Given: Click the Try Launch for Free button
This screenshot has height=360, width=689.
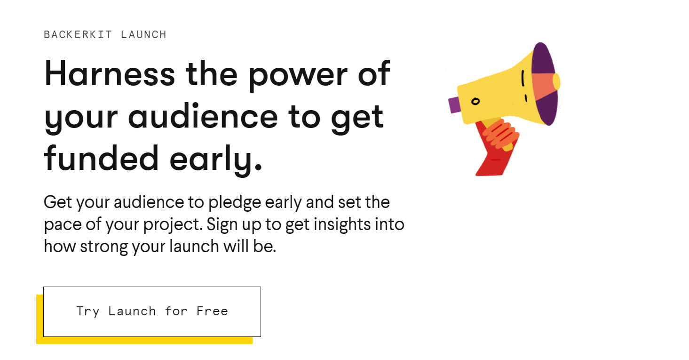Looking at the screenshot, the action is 152,312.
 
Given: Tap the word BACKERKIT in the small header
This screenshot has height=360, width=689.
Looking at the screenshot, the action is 78,35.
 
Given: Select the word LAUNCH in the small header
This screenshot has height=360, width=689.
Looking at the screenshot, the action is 143,35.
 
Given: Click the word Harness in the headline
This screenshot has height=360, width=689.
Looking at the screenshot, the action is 110,73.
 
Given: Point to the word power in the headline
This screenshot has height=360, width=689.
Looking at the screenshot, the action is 298,76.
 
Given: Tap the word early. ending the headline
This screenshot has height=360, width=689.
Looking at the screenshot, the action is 216,160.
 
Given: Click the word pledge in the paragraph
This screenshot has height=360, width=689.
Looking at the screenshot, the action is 235,203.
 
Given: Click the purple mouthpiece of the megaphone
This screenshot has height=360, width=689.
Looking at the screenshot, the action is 454,104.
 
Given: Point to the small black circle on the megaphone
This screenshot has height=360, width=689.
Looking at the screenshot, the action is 475,101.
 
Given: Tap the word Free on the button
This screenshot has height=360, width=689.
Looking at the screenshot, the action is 212,311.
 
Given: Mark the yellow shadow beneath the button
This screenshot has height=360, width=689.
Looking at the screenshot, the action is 144,340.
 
